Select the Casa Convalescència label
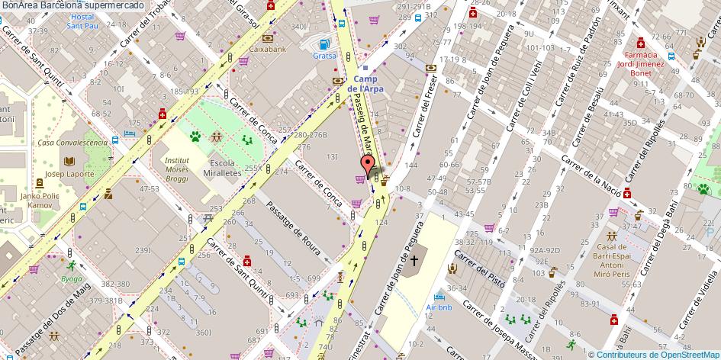72,143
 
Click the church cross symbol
414,261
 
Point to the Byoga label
72,278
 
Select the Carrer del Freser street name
429,115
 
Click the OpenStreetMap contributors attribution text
655,354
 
